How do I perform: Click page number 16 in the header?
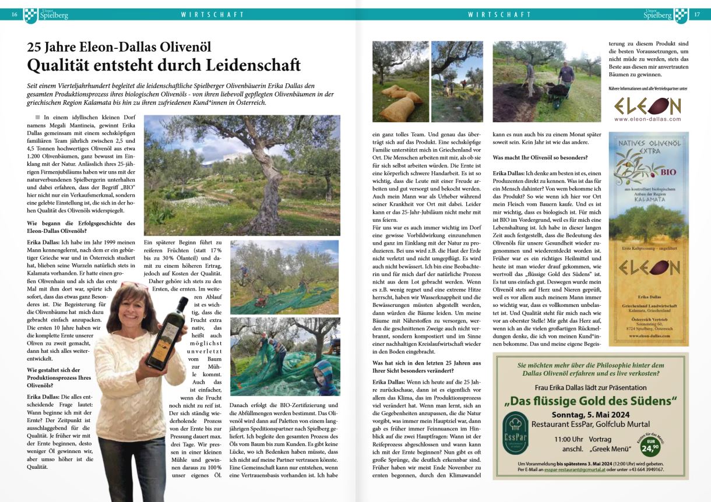click(x=14, y=15)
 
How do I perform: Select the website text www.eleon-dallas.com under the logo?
click(x=647, y=119)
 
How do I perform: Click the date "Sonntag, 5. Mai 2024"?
click(x=590, y=414)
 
